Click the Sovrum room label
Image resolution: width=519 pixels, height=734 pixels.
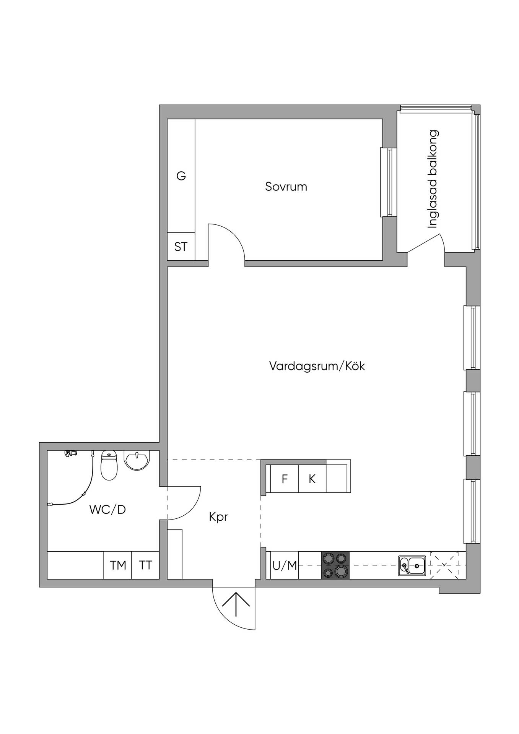[286, 187]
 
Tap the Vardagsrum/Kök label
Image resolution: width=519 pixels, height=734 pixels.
[317, 366]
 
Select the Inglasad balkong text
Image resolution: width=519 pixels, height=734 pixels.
[433, 179]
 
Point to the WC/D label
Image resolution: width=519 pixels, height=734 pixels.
[107, 510]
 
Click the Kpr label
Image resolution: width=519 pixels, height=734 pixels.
[218, 517]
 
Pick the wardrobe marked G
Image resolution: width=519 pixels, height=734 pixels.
[181, 176]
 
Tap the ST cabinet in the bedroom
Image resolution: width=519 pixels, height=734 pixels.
[181, 247]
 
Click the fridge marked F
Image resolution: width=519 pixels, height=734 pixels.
[284, 479]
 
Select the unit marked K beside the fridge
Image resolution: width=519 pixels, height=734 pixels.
[312, 479]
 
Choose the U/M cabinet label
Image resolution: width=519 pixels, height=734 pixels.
[285, 565]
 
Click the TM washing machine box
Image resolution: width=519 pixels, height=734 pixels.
[118, 565]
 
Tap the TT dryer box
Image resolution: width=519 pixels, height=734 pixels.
[145, 565]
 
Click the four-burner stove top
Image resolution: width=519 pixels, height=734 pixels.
[335, 565]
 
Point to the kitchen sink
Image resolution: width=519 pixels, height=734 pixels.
[412, 565]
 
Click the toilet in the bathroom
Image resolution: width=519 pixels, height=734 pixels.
[109, 465]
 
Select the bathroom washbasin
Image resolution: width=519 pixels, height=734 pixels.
[137, 461]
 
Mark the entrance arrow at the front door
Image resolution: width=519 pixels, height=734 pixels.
[236, 604]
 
